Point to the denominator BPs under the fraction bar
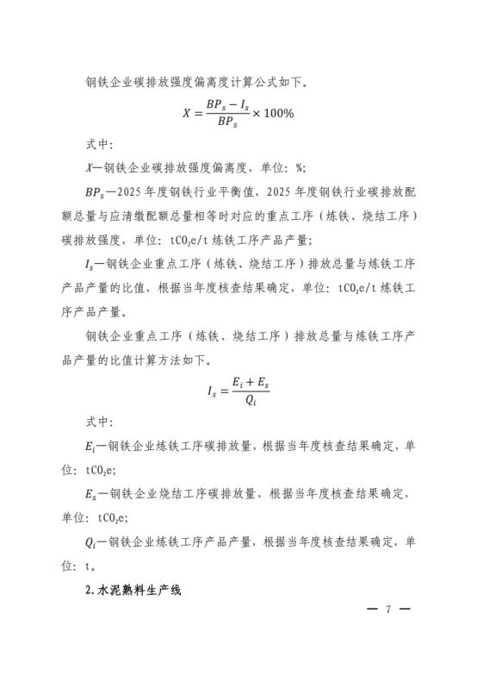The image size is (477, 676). [226, 123]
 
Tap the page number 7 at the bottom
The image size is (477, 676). [388, 609]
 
